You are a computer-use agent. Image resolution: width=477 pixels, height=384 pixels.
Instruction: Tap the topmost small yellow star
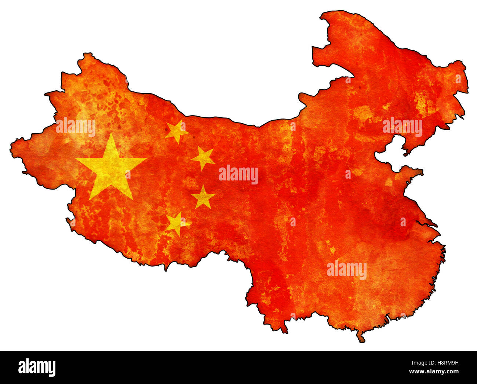click(x=176, y=131)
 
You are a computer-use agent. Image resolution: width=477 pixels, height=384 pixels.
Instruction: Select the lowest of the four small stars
click(x=177, y=223)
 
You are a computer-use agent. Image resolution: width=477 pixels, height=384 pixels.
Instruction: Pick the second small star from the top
click(x=203, y=158)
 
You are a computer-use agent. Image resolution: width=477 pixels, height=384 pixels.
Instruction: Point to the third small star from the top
click(x=203, y=197)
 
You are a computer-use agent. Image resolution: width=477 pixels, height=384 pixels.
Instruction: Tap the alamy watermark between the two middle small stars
click(x=238, y=175)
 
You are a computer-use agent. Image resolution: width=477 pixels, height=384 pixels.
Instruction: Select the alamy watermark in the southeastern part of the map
click(x=347, y=270)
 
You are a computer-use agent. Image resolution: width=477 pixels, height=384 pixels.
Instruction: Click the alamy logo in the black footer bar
click(x=37, y=367)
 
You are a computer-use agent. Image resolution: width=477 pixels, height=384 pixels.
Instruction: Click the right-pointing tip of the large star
click(x=145, y=159)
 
